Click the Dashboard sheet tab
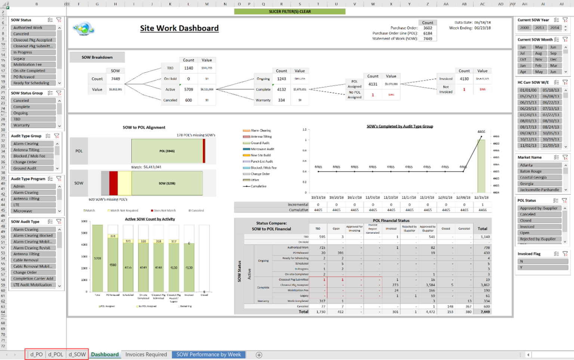(x=105, y=354)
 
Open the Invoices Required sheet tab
(x=146, y=354)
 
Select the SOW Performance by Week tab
(x=209, y=354)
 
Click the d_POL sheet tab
(x=56, y=354)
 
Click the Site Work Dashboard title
(x=179, y=28)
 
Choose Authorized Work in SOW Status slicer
(x=33, y=28)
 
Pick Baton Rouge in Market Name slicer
(x=539, y=171)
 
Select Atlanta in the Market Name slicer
(x=539, y=165)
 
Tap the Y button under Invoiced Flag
(x=543, y=267)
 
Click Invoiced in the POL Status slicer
(x=539, y=227)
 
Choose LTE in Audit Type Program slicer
(x=33, y=205)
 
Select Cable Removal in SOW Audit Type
(x=33, y=260)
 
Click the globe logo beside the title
(x=84, y=29)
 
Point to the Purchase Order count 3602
(x=428, y=28)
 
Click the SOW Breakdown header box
(x=97, y=57)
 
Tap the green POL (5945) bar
(x=167, y=151)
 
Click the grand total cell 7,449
(x=482, y=312)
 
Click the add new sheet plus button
(x=259, y=355)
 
